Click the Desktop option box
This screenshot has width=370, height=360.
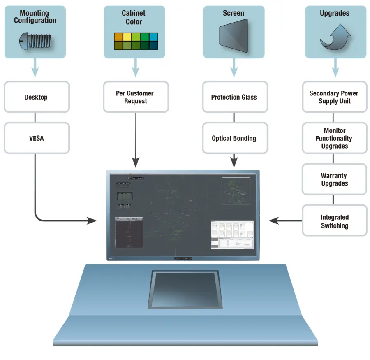coord(37,97)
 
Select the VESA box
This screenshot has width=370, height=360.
coord(37,138)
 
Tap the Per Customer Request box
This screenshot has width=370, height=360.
coord(136,97)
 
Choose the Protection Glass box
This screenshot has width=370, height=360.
coord(234,97)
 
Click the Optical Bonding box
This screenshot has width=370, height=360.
coord(234,138)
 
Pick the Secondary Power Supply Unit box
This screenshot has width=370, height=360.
coord(334,97)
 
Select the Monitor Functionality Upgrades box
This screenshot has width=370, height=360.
coord(334,138)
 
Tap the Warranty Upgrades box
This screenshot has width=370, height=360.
coord(334,179)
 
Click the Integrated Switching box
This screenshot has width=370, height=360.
coord(334,221)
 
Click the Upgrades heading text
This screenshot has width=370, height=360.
coord(335,13)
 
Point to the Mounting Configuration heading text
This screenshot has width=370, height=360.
coord(35,17)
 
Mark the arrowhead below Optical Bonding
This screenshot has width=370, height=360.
coord(234,163)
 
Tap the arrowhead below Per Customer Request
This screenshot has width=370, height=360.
coord(136,163)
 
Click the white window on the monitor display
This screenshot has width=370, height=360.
coord(232,235)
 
